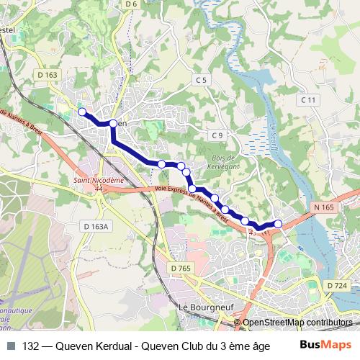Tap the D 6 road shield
130,4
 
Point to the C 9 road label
218,135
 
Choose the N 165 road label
323,207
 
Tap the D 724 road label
336,286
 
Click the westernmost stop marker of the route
82,112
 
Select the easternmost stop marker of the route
279,224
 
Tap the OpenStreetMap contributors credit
297,323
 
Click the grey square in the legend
11,346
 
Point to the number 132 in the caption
31,346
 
